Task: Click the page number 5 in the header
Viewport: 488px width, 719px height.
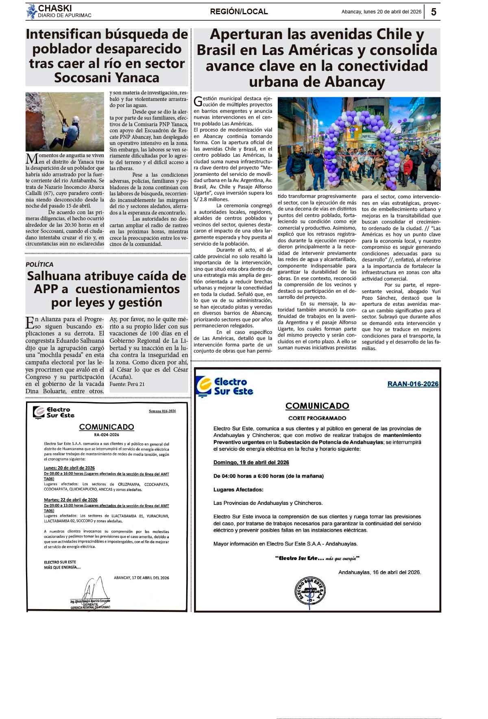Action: [x=434, y=12]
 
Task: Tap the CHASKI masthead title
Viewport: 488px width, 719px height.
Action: [x=55, y=8]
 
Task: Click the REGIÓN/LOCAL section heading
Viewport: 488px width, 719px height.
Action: [x=239, y=12]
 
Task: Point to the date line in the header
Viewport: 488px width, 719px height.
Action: [x=381, y=12]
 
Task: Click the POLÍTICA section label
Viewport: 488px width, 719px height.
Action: [x=39, y=264]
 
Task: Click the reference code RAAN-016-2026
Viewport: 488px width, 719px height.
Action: [x=413, y=384]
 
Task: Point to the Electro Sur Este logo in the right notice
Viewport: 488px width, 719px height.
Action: [x=224, y=386]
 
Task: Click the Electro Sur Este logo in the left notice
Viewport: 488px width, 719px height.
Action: [x=54, y=412]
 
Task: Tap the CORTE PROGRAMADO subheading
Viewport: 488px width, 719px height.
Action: [x=317, y=418]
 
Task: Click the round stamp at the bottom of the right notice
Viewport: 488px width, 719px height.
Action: [x=309, y=590]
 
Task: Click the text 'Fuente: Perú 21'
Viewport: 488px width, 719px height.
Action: [x=127, y=384]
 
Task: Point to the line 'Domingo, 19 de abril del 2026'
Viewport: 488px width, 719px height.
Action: [x=251, y=463]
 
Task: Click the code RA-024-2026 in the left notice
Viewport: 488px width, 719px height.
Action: [x=106, y=434]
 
